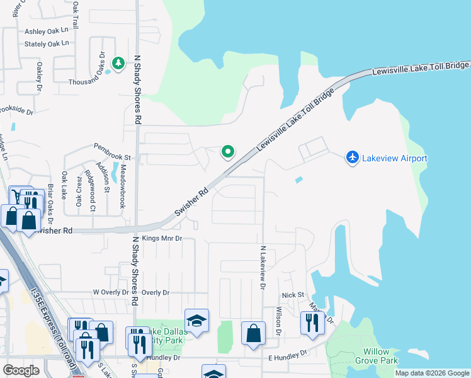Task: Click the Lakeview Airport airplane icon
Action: coord(353,157)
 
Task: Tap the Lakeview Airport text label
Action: coord(395,158)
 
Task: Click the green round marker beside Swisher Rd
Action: coord(228,151)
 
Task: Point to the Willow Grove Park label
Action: coord(380,356)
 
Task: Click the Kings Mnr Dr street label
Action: coord(162,239)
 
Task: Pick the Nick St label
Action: coord(293,295)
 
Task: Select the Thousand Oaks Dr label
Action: coord(94,82)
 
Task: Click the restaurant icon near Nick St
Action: coord(312,323)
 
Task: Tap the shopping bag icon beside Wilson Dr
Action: coord(253,334)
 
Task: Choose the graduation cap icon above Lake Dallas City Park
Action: coord(196,321)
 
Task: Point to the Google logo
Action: coord(21,370)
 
